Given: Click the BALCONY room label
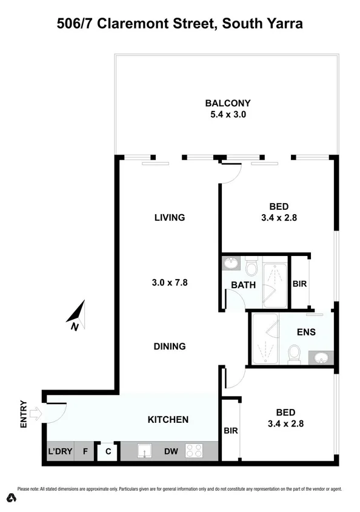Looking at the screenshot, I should coord(227,103).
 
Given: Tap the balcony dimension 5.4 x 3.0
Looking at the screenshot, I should coord(227,114).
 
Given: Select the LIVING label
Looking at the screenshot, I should coord(169,217).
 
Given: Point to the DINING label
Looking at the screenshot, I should coord(169,346).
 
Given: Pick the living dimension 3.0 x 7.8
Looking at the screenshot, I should coord(169,281).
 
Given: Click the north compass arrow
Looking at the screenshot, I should coord(77,315).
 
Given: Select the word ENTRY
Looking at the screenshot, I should coord(24,414).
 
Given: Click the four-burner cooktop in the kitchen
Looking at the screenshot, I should coord(194,451).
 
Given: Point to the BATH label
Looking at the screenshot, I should coord(243,285).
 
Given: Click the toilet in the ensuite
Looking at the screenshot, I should coord(294,353).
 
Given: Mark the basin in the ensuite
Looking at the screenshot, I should coord(321,358).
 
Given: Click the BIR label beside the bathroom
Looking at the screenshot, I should coord(300,283).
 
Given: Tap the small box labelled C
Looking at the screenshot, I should coord(107,452).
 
